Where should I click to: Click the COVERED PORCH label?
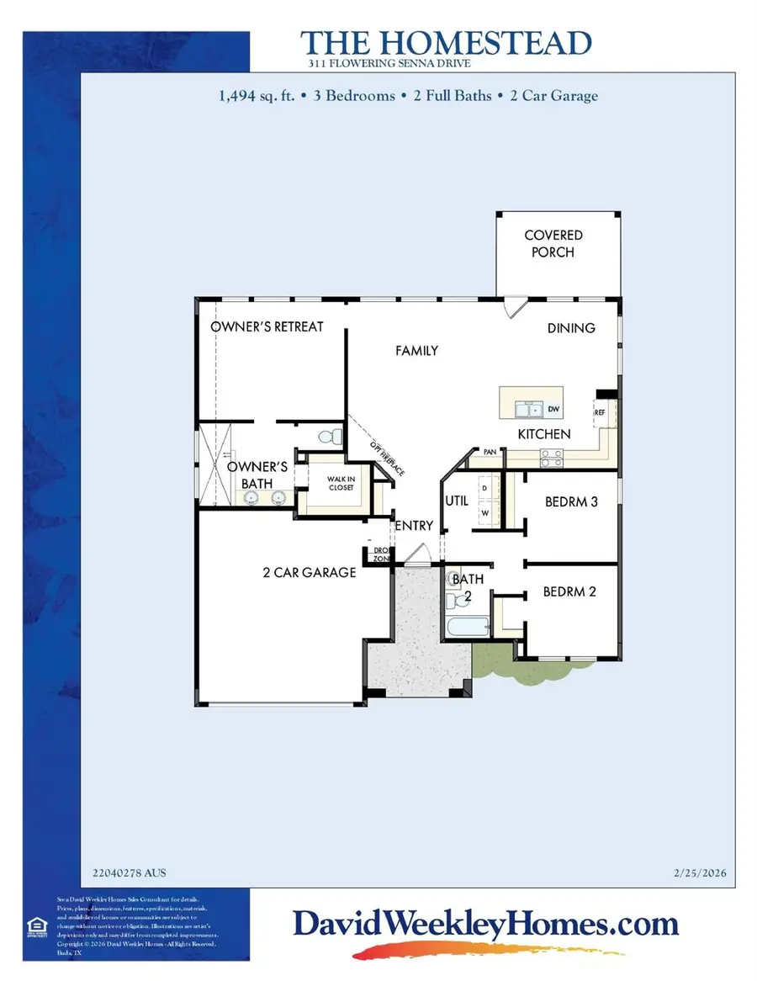553,243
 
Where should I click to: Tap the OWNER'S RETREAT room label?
267,326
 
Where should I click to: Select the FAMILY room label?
417,350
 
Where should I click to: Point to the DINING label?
571,327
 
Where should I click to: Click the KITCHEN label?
544,434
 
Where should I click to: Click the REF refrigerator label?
601,413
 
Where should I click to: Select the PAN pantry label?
490,453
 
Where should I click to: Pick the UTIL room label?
456,500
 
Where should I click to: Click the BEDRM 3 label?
571,501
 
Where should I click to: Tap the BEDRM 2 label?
569,591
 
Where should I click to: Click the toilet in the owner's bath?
332,437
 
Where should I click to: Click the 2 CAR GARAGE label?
310,572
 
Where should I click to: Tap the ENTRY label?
415,526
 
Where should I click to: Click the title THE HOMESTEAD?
446,43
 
